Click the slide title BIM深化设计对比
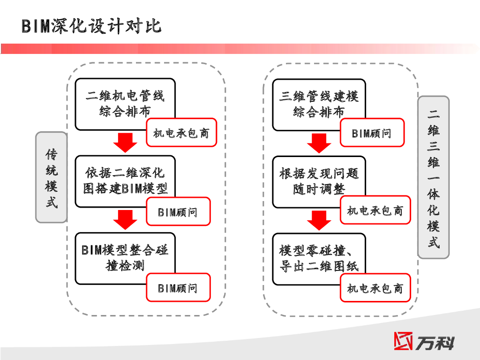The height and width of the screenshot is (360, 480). coord(91,26)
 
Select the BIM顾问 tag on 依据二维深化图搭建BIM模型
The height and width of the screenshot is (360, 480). coord(178,212)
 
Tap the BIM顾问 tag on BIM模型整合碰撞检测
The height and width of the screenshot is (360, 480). coord(178,288)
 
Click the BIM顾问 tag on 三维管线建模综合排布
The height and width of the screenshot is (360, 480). coord(372,133)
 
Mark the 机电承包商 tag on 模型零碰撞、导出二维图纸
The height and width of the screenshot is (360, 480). coord(375,288)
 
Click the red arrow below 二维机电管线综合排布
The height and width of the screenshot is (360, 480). coord(125,142)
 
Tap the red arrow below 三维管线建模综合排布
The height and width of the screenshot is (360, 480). coord(319,142)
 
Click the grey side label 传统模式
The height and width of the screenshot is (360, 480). coord(52,177)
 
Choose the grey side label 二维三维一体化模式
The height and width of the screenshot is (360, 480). coord(433,177)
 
